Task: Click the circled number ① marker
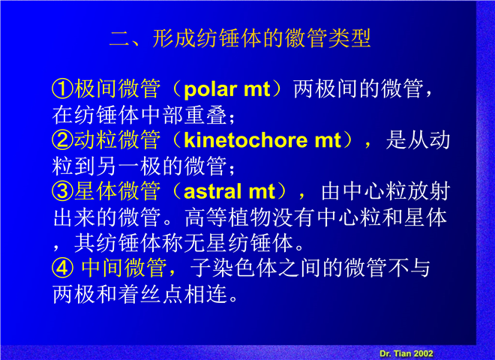(62, 88)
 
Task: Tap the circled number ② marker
(62, 140)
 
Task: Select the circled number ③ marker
(62, 191)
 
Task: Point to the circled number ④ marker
(62, 268)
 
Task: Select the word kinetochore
(245, 140)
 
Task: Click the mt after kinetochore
(327, 141)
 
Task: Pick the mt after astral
(262, 192)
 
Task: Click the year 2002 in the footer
(423, 353)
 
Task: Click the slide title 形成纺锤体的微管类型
(261, 38)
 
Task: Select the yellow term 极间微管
(117, 88)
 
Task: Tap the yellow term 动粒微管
(117, 140)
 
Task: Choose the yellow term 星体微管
(117, 191)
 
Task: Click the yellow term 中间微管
(124, 268)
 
